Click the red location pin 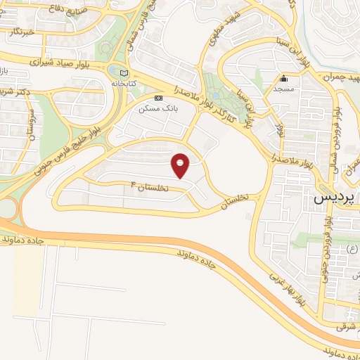181,165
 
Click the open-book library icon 124,73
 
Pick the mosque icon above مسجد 284,79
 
